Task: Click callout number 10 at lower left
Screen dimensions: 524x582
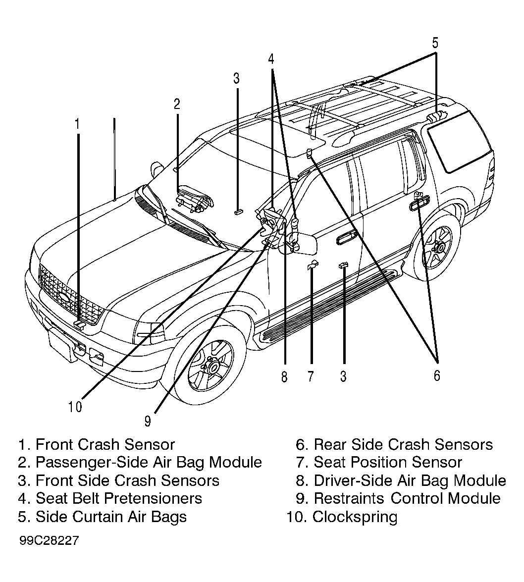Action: tap(75, 407)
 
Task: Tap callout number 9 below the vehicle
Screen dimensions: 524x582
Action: tap(148, 422)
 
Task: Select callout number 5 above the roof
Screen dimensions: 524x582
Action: tap(435, 43)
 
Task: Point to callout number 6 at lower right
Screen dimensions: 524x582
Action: tap(437, 375)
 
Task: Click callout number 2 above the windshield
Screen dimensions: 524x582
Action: tap(177, 104)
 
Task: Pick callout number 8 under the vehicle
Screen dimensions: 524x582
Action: tap(284, 377)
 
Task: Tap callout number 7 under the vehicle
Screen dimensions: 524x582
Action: tap(311, 376)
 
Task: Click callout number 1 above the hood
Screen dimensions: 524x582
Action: tap(78, 124)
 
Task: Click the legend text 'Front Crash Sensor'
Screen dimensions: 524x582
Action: tap(105, 444)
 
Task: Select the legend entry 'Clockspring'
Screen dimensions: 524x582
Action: tap(355, 517)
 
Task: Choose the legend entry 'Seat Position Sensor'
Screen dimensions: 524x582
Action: tap(388, 462)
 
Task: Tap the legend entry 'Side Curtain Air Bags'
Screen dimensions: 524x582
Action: tap(111, 517)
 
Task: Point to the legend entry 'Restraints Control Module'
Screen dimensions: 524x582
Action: tap(407, 498)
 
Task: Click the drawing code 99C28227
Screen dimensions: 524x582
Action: tap(50, 540)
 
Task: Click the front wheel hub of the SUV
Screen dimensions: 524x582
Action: tap(212, 366)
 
